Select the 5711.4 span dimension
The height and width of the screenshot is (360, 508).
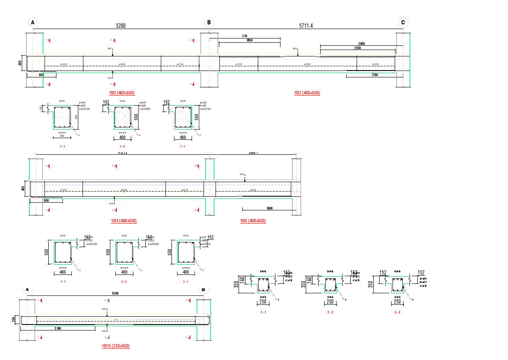[x=306, y=26]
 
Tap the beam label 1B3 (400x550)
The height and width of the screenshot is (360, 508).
[x=122, y=93]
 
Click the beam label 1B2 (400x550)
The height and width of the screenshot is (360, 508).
[x=307, y=93]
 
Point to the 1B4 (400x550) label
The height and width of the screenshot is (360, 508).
[x=124, y=221]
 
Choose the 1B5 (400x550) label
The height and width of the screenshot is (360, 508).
[x=253, y=221]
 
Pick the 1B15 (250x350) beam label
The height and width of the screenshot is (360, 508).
[x=115, y=346]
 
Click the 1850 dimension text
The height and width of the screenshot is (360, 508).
[x=249, y=40]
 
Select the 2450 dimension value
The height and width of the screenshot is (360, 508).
[x=362, y=44]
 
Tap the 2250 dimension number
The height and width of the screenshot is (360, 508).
[x=357, y=48]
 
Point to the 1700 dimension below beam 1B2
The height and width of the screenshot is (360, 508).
[x=375, y=75]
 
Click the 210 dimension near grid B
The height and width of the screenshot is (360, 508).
[x=245, y=36]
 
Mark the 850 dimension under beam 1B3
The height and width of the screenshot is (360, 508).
[x=41, y=75]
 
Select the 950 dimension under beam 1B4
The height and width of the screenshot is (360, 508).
[x=46, y=200]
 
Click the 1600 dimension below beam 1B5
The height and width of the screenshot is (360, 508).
[x=269, y=208]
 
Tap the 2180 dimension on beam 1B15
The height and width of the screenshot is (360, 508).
[x=58, y=328]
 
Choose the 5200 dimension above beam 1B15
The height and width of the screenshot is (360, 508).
[x=115, y=293]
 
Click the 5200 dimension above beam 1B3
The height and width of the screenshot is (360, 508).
[x=121, y=26]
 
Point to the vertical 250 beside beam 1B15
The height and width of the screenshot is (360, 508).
[x=14, y=319]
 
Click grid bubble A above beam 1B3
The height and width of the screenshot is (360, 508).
[x=32, y=23]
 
